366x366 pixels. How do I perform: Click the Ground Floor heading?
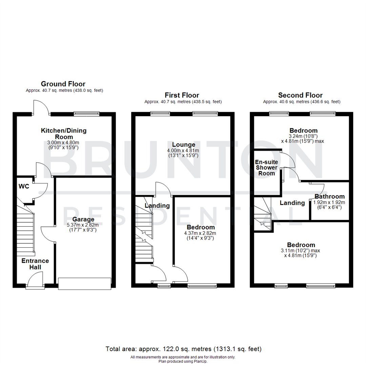[x=63, y=84]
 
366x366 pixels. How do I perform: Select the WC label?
[x=24, y=186]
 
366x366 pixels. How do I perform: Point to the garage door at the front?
[x=84, y=284]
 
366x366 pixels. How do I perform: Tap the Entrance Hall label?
[x=35, y=264]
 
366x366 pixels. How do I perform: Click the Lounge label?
[x=183, y=145]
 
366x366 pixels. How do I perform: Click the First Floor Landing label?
[x=157, y=206]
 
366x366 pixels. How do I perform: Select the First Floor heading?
[x=182, y=95]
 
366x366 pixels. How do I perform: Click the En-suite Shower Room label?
[x=266, y=167]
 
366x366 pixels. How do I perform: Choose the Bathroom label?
[x=329, y=196]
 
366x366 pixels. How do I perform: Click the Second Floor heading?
[x=300, y=95]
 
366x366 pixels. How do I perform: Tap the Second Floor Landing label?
[x=292, y=203]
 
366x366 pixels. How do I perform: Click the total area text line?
[x=183, y=349]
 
